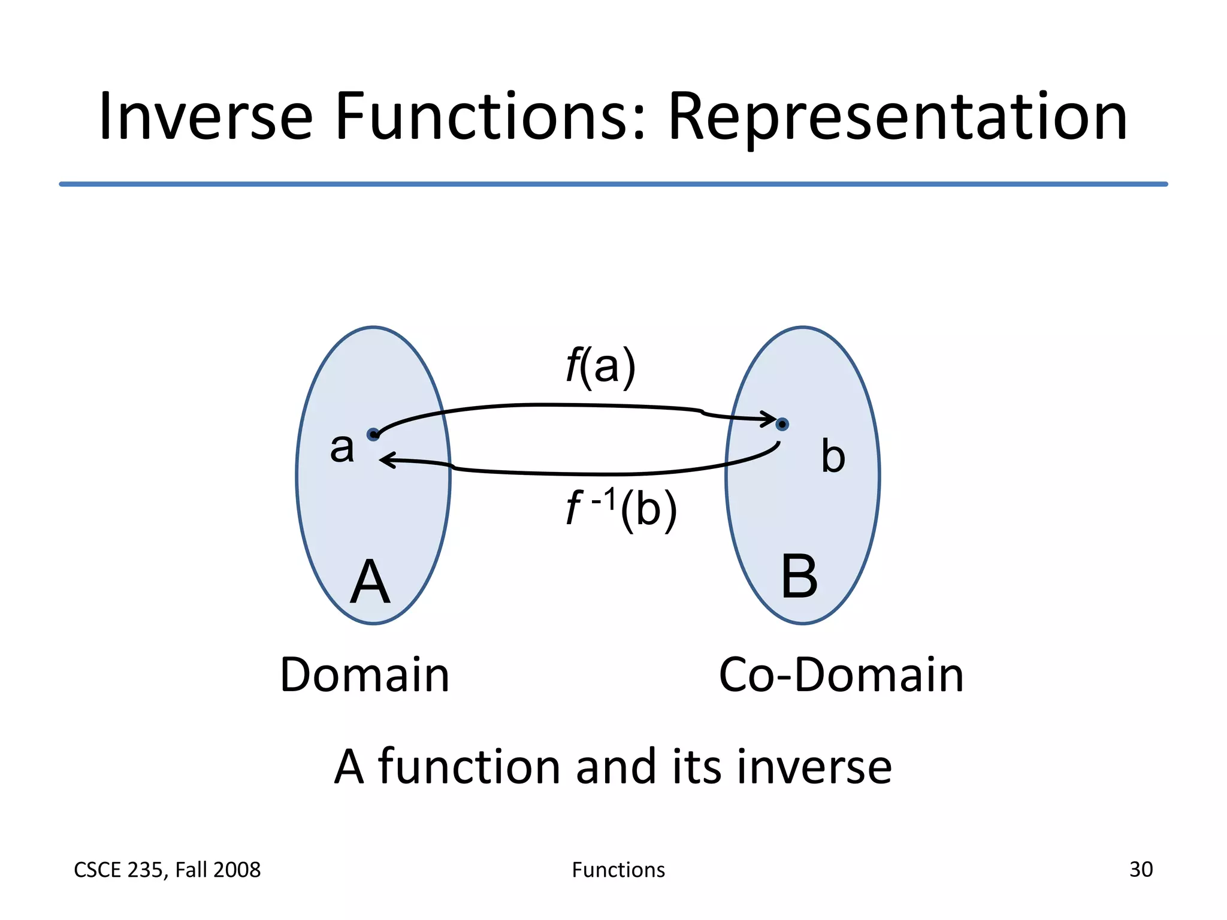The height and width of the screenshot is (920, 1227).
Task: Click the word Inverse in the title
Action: pyautogui.click(x=205, y=117)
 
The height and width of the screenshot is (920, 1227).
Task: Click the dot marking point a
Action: pyautogui.click(x=373, y=434)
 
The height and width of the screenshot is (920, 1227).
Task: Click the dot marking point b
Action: pyautogui.click(x=782, y=424)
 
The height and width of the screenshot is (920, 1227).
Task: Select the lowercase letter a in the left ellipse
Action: pyautogui.click(x=342, y=448)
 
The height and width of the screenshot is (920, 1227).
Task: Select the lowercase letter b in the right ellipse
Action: pyautogui.click(x=833, y=457)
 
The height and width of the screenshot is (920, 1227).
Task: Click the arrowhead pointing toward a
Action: pyautogui.click(x=388, y=460)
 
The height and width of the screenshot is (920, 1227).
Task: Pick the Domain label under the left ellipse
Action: pyautogui.click(x=364, y=675)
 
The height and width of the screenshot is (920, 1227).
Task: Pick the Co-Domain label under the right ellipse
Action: pyautogui.click(x=841, y=675)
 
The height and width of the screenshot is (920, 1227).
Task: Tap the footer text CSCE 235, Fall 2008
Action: pyautogui.click(x=167, y=870)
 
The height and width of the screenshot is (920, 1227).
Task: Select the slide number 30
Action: pyautogui.click(x=1140, y=869)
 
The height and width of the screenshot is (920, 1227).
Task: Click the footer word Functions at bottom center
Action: pyautogui.click(x=618, y=870)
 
